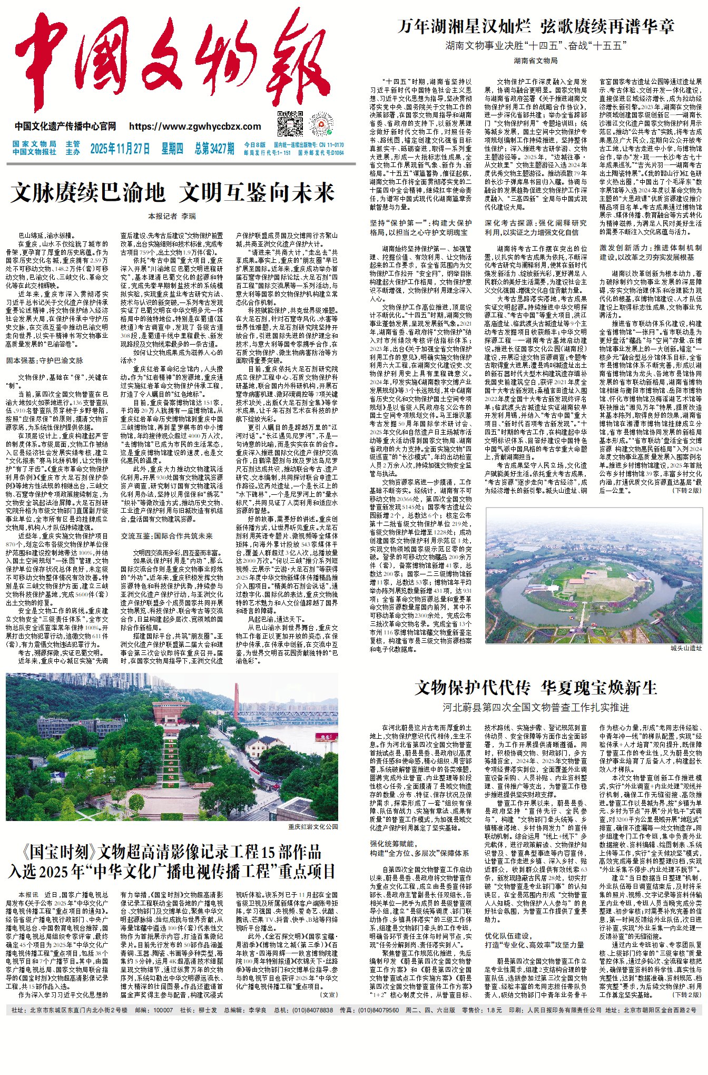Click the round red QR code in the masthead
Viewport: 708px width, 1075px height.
(x=322, y=124)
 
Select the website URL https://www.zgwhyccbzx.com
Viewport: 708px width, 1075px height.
(x=195, y=126)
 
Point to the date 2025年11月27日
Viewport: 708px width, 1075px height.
(x=120, y=149)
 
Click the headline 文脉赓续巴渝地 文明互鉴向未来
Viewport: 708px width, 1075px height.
(x=172, y=193)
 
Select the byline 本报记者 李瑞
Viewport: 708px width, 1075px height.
(x=172, y=216)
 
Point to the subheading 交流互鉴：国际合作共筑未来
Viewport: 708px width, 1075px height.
(x=166, y=536)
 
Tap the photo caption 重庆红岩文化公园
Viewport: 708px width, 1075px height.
(x=313, y=826)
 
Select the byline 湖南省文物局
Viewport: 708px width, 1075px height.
(x=536, y=61)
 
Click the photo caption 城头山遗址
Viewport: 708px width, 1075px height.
(x=686, y=648)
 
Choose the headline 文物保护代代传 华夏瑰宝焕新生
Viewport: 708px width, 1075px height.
(x=536, y=688)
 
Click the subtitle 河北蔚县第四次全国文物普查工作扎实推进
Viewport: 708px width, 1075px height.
(x=536, y=707)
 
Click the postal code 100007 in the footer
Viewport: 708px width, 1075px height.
(x=163, y=1010)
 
